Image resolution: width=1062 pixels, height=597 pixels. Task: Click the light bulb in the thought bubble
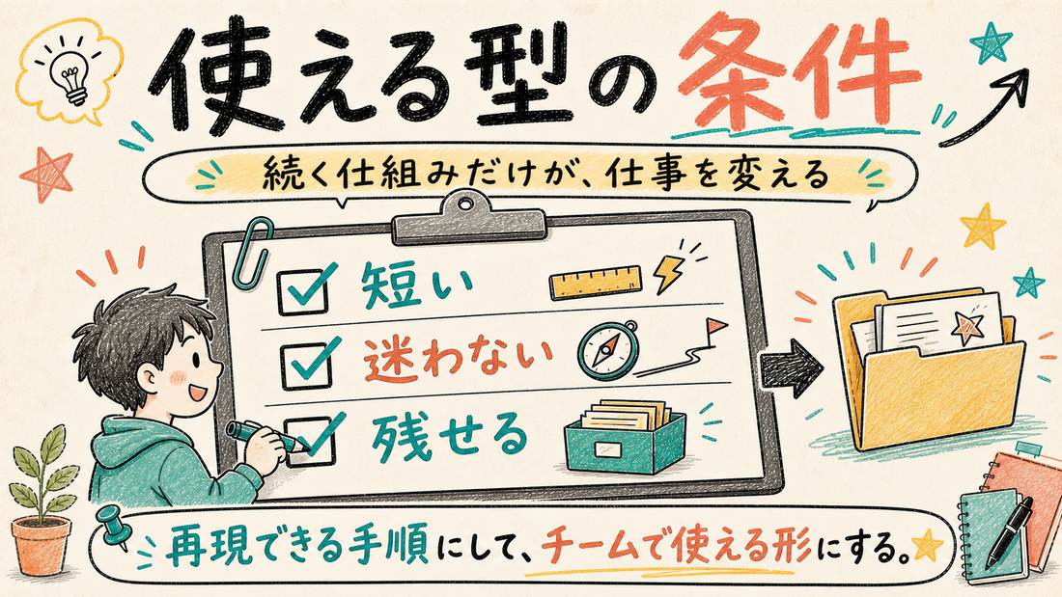tap(73, 78)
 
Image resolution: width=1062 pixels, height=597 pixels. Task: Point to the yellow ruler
tap(596, 282)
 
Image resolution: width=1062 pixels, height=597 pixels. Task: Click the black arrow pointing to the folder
tap(791, 367)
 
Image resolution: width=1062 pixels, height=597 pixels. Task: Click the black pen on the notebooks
tap(1009, 532)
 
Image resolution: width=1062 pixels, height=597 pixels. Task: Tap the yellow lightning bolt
tap(666, 274)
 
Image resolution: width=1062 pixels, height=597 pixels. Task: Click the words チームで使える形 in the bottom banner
tap(679, 547)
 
